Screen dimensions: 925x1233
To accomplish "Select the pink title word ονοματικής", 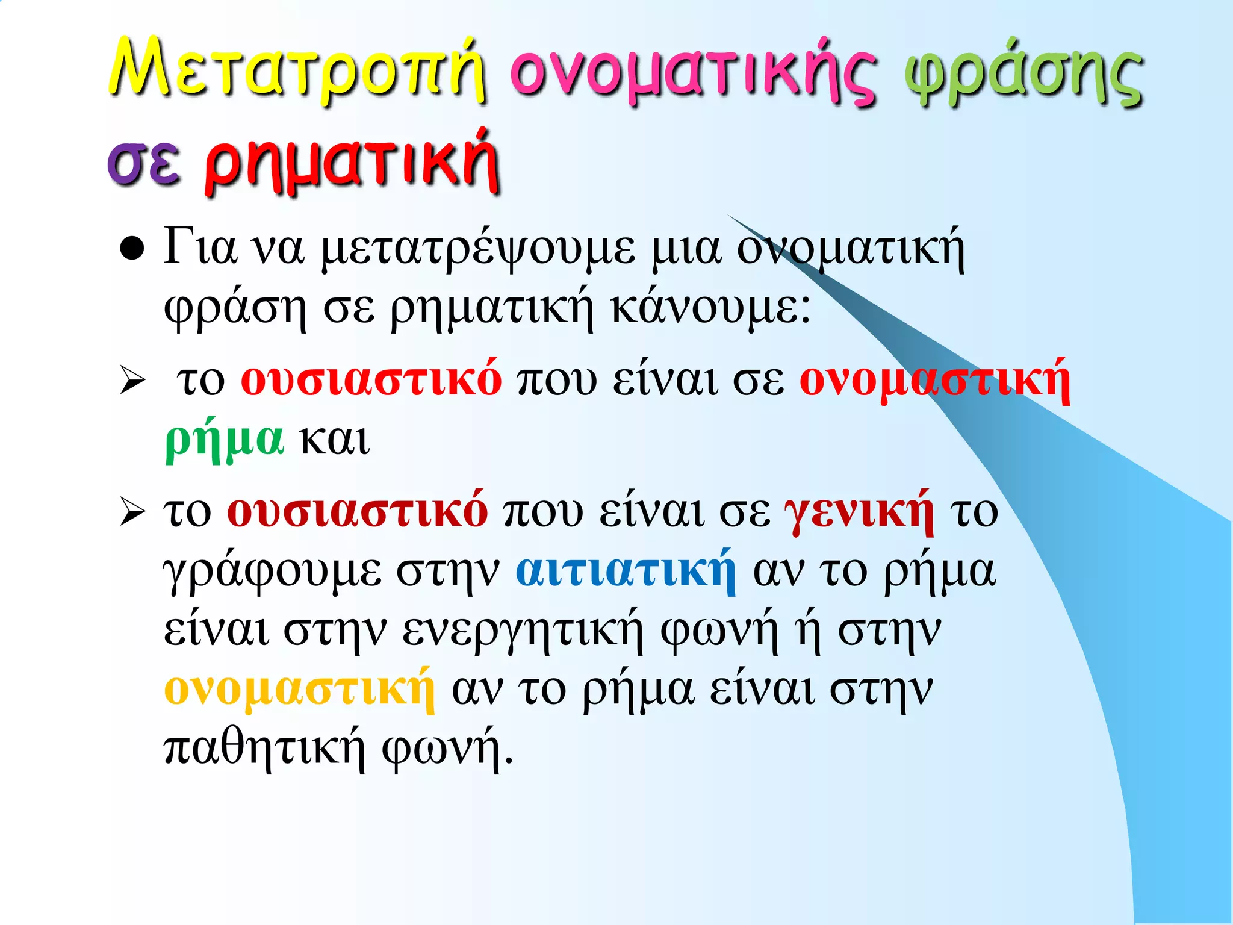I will pos(692,75).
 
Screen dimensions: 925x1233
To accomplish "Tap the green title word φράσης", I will pos(1023,75).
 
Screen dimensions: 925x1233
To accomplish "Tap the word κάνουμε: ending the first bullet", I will pos(710,308).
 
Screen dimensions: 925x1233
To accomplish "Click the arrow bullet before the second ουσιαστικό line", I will pos(132,512).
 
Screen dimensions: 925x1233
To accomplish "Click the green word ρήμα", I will pos(224,440).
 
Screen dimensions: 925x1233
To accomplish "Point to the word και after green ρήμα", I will pos(335,440).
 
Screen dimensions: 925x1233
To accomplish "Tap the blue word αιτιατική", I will pos(626,570).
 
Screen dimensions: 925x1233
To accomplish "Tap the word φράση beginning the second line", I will pos(235,308).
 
